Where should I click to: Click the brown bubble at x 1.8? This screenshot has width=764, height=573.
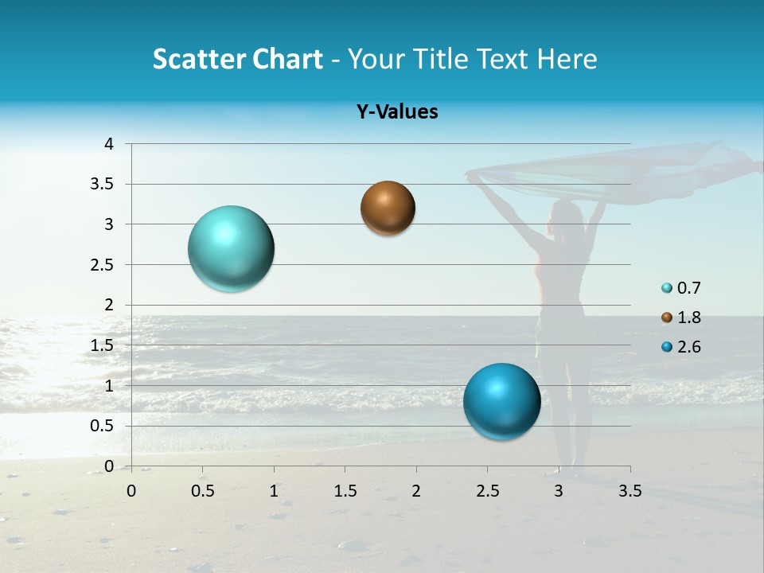(388, 209)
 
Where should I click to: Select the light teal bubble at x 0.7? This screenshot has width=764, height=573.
(232, 248)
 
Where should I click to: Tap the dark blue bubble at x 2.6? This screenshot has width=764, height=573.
(501, 401)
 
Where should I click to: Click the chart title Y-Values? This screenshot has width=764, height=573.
(396, 112)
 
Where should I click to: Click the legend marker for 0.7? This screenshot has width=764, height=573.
(667, 288)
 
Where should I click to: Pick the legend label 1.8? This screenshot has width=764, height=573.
(689, 318)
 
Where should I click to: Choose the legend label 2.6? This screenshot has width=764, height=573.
(689, 347)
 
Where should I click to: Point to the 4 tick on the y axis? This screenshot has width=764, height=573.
(109, 144)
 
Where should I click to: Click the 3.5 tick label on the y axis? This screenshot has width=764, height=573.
(101, 185)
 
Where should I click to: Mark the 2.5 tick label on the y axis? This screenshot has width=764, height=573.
(101, 265)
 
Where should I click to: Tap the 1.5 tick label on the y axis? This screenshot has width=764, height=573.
(101, 345)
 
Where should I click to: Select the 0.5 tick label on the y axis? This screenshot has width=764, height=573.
(101, 426)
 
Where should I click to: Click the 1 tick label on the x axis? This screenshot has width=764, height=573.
(274, 491)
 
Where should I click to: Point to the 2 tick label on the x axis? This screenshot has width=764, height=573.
(416, 491)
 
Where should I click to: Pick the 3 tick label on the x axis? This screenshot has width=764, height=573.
(559, 491)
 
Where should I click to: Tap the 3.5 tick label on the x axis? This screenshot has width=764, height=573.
(630, 491)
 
